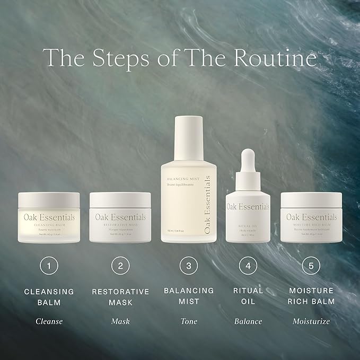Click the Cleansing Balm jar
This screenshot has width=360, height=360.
49,217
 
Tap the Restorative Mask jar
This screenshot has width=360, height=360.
120,217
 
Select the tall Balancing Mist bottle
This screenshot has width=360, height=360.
188,196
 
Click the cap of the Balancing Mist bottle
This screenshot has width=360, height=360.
189,133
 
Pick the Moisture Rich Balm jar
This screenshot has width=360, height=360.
311,217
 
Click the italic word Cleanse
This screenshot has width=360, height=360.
49,321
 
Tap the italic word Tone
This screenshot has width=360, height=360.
188,321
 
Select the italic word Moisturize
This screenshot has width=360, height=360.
311,321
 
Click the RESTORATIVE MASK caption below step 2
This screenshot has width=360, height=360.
120,297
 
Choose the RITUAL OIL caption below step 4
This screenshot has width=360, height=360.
248,297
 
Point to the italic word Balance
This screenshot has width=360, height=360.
248,321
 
